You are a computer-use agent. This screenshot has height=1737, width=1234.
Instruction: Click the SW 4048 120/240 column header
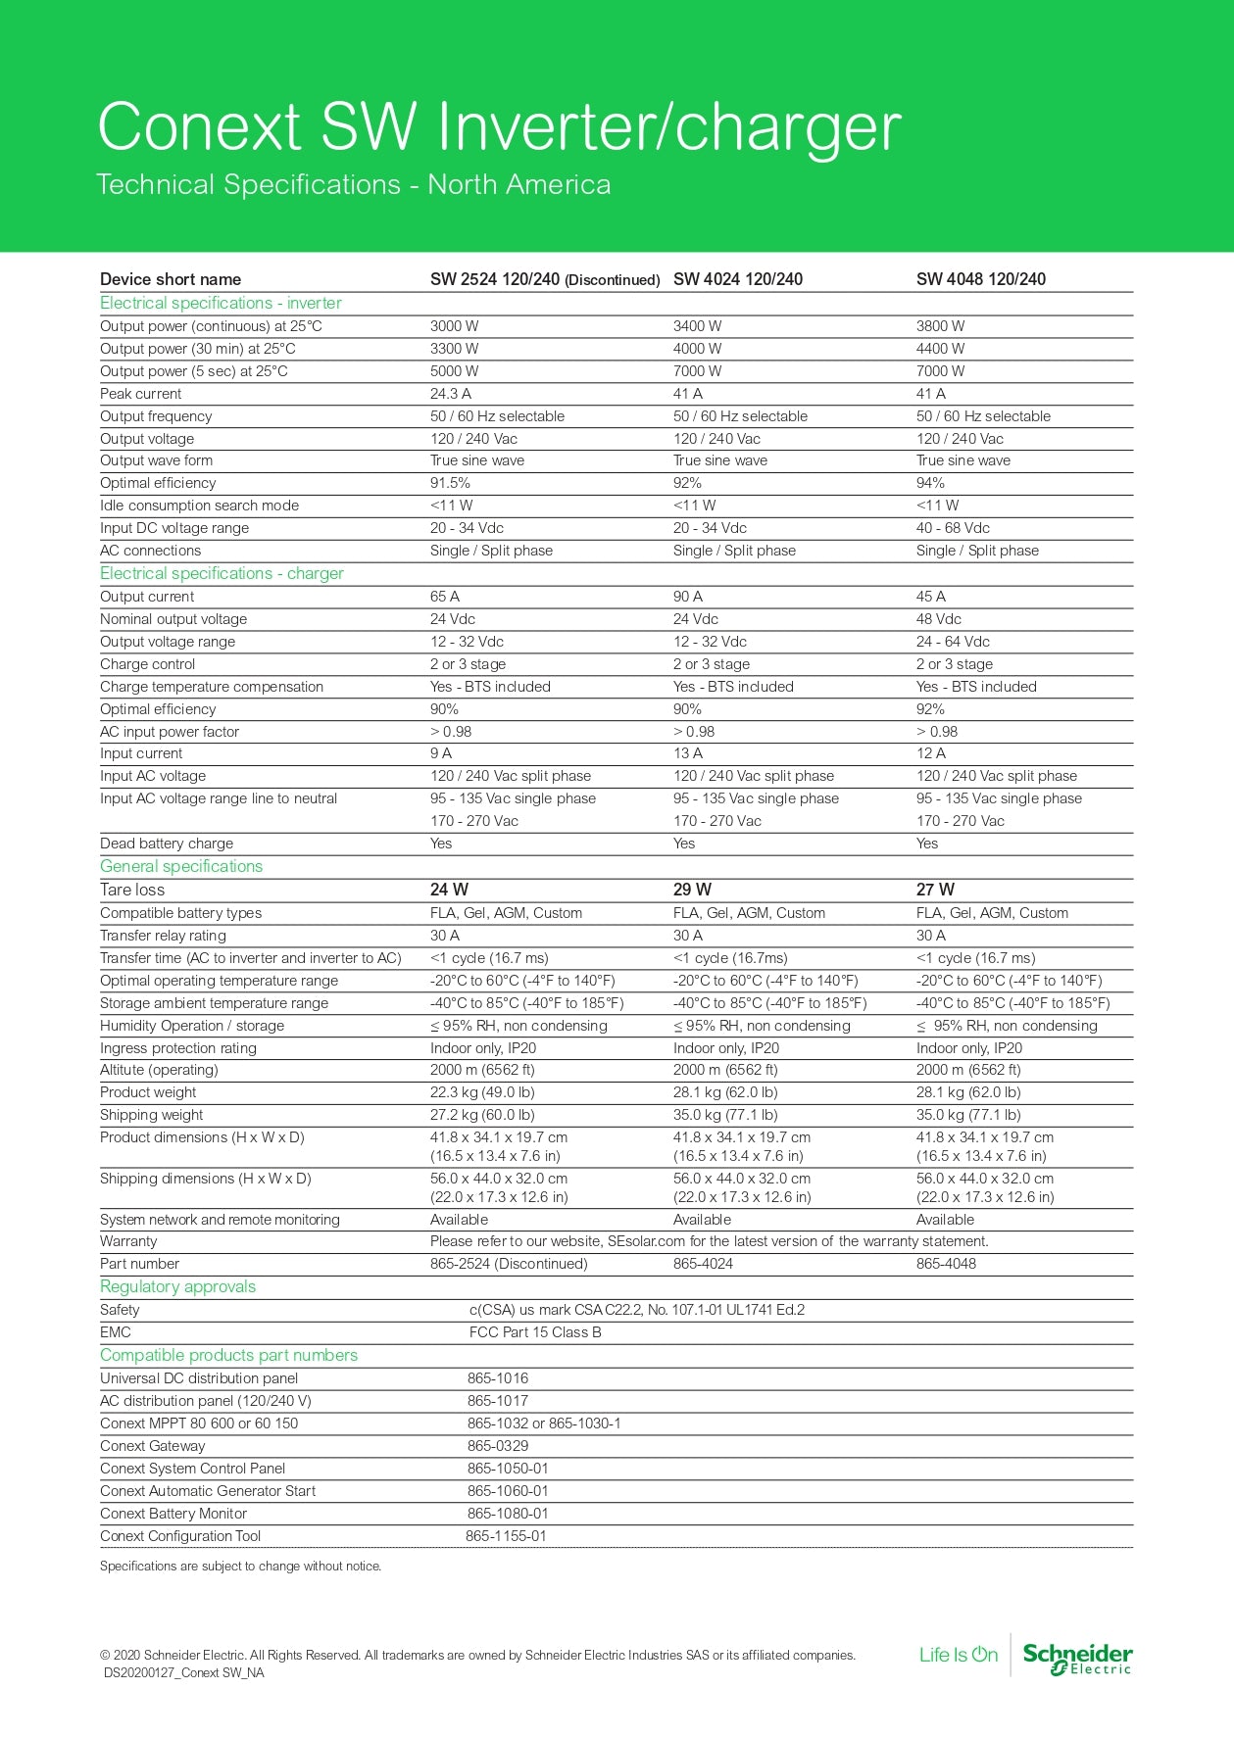[980, 279]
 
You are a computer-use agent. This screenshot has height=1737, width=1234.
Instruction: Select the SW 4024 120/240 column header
[737, 279]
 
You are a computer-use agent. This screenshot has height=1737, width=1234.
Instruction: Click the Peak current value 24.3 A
[451, 394]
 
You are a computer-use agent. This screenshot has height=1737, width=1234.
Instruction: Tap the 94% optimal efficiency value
[930, 483]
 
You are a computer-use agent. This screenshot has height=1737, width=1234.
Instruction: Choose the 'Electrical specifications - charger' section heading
[222, 573]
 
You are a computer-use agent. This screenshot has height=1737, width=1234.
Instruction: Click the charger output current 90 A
[687, 597]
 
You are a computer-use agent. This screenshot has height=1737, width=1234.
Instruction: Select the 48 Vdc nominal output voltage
[938, 619]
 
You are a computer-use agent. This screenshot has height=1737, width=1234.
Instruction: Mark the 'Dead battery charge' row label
[167, 844]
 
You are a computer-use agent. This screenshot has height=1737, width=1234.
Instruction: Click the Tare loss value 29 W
[692, 890]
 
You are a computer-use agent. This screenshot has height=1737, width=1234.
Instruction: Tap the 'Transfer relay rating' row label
[163, 936]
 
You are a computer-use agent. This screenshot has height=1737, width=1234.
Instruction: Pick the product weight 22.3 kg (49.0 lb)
[482, 1092]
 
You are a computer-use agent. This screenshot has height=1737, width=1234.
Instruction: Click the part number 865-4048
[946, 1264]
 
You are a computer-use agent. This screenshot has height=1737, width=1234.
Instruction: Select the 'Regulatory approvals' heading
[177, 1286]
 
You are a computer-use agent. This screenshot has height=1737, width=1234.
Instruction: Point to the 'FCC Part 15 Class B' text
[535, 1332]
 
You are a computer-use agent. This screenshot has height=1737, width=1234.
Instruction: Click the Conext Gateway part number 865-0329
[498, 1446]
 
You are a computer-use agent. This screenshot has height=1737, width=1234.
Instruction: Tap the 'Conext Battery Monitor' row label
[173, 1514]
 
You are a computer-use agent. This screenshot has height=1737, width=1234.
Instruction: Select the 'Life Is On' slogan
[958, 1655]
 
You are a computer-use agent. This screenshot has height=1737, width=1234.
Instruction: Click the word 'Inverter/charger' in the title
[668, 127]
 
